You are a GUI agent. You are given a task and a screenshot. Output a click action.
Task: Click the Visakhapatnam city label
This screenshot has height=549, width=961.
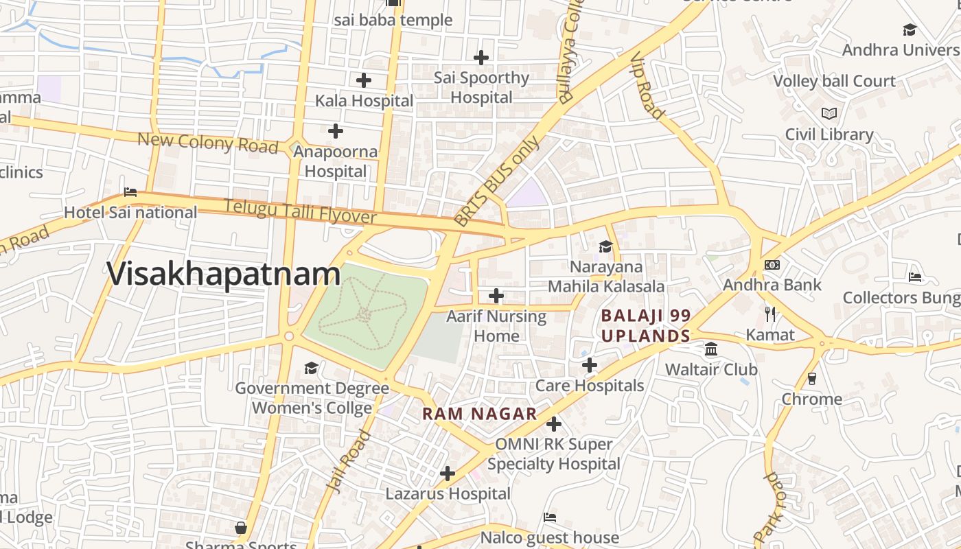point(223,274)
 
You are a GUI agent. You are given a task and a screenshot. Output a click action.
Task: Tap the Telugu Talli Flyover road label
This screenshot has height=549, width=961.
point(300,211)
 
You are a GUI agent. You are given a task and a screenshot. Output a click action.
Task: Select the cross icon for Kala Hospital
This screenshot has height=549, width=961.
point(364,80)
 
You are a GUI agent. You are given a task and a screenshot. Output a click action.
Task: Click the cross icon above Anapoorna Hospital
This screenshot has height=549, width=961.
point(335,130)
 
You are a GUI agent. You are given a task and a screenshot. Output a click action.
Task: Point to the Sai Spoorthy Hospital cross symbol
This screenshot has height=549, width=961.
point(481,58)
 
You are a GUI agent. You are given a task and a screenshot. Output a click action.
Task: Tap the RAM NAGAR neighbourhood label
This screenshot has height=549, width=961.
point(479,414)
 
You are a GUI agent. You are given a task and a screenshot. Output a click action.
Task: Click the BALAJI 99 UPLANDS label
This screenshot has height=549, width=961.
point(645,326)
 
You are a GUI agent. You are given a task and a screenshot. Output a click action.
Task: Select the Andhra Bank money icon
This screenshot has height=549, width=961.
point(772,265)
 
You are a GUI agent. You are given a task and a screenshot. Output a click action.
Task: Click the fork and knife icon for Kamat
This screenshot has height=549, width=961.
point(770,314)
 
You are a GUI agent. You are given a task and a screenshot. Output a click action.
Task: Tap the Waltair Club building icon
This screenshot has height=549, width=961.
point(711,349)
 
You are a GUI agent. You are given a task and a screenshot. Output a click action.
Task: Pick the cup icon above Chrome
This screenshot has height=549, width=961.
point(812,378)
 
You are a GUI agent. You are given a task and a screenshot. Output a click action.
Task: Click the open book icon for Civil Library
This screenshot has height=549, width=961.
point(829,113)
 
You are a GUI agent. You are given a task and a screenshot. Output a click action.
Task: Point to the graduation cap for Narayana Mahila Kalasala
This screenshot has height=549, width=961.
point(605,246)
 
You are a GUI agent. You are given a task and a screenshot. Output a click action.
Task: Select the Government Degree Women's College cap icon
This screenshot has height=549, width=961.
point(311,369)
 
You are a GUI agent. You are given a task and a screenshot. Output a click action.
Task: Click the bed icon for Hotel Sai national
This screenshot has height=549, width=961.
point(130,192)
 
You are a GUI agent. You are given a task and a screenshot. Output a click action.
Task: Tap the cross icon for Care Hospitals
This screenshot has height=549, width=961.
point(589,365)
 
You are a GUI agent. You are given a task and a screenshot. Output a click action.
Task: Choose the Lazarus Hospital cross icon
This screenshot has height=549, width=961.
point(448,474)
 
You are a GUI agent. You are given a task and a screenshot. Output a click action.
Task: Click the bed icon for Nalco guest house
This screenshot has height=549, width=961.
point(549,517)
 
